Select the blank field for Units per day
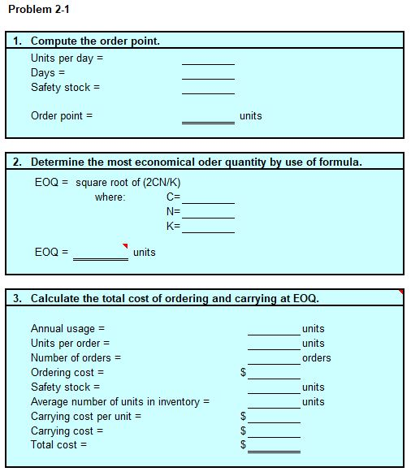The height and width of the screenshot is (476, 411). pyautogui.click(x=208, y=58)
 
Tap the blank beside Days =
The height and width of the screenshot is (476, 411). pyautogui.click(x=208, y=73)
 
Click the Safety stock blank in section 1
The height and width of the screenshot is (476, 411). pyautogui.click(x=208, y=88)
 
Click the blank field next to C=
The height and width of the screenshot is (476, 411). pyautogui.click(x=208, y=197)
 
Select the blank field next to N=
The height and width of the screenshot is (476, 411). pyautogui.click(x=208, y=211)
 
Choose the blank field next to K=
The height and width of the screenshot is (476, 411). pyautogui.click(x=208, y=226)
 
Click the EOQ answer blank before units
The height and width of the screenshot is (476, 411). pyautogui.click(x=100, y=253)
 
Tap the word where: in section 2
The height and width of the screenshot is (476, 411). pyautogui.click(x=110, y=197)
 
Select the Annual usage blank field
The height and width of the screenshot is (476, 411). pyautogui.click(x=274, y=329)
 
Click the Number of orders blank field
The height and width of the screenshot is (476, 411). pyautogui.click(x=274, y=358)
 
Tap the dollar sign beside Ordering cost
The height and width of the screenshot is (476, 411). pyautogui.click(x=243, y=374)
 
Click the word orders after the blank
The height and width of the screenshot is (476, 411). pyautogui.click(x=317, y=358)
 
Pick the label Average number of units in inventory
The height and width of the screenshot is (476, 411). pyautogui.click(x=120, y=402)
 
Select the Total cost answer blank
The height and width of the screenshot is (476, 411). pyautogui.click(x=274, y=445)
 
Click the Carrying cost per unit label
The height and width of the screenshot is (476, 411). pyautogui.click(x=86, y=417)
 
